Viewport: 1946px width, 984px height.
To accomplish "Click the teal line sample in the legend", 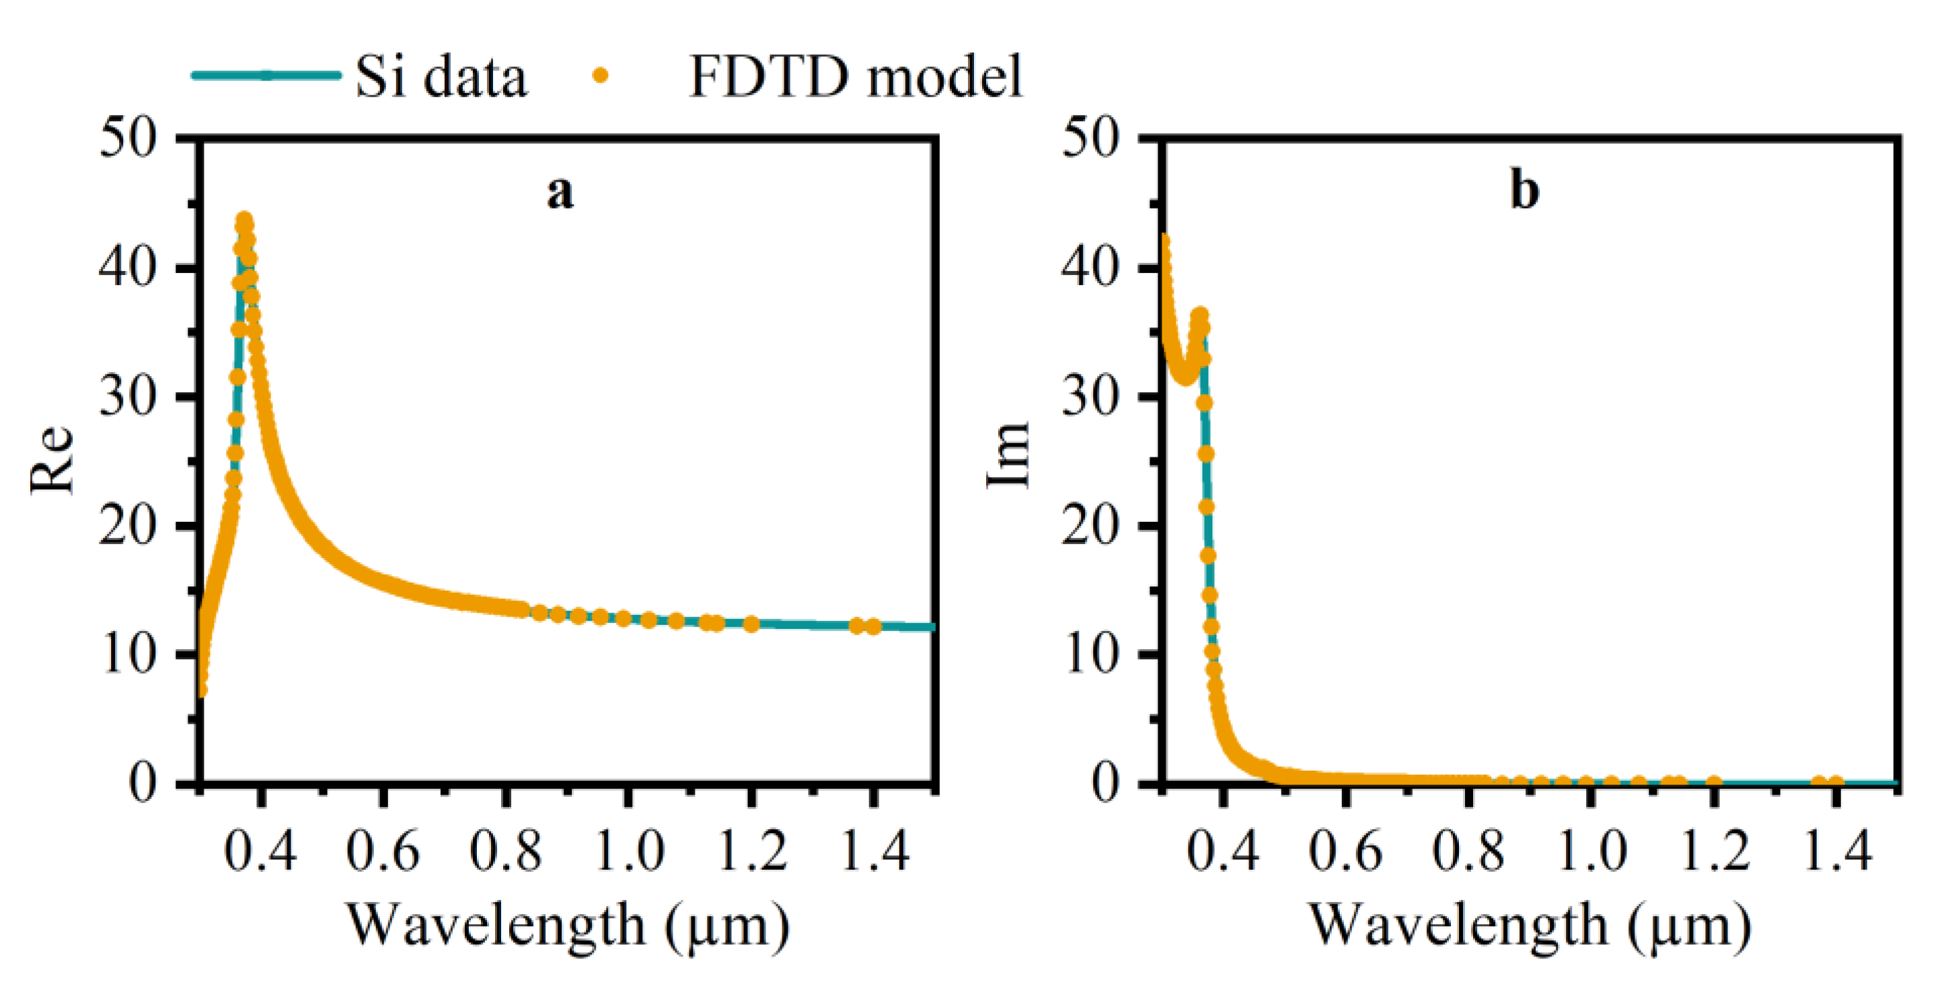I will pyautogui.click(x=266, y=75).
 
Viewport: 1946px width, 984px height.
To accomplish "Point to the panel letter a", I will pyautogui.click(x=560, y=192).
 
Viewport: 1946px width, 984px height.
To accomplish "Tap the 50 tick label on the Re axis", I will pyautogui.click(x=128, y=139).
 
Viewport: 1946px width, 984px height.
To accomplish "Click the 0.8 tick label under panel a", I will pyautogui.click(x=505, y=851).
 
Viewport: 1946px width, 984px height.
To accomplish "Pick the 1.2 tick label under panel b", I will pyautogui.click(x=1714, y=851).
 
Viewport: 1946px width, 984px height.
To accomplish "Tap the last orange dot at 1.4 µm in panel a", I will pyautogui.click(x=873, y=626).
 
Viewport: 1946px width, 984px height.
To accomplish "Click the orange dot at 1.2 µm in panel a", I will pyautogui.click(x=751, y=623).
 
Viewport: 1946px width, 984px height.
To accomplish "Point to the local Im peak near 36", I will pyautogui.click(x=1199, y=315).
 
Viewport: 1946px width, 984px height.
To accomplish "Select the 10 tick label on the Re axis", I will pyautogui.click(x=128, y=654).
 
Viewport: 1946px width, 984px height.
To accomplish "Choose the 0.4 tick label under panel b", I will pyautogui.click(x=1223, y=851).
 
